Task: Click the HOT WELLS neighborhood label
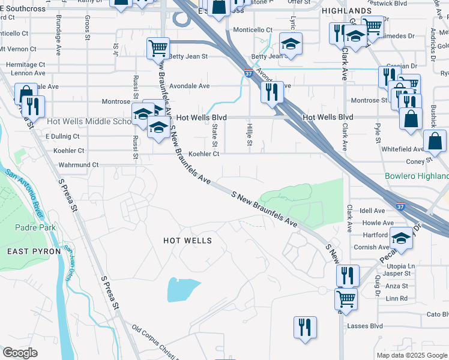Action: point(188,241)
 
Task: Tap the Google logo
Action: point(20,353)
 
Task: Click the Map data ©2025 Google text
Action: point(411,355)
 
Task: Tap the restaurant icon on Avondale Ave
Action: point(272,92)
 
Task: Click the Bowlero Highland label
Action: point(417,176)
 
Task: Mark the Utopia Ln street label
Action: point(403,266)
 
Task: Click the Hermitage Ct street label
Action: point(25,64)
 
